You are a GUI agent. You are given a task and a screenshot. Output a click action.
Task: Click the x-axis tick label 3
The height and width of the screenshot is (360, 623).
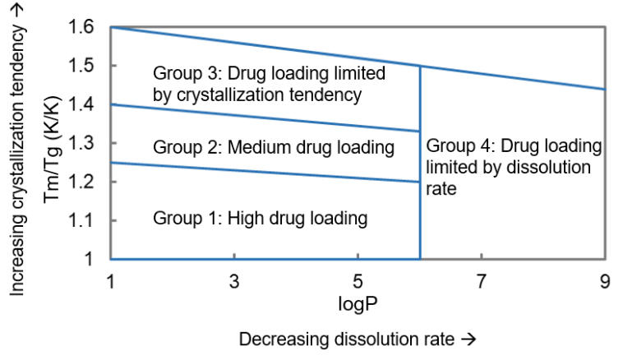point(234,282)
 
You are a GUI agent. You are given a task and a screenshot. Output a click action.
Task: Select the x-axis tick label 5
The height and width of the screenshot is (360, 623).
point(358,282)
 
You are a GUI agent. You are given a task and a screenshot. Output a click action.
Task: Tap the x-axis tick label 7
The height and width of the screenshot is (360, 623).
point(482,282)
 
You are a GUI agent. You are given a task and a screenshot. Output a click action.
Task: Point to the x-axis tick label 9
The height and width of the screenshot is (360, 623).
point(605,282)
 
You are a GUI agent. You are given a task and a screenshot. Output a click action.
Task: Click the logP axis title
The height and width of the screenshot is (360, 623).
point(357,303)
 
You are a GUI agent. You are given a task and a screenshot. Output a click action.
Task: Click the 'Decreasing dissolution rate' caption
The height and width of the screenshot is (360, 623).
point(358,339)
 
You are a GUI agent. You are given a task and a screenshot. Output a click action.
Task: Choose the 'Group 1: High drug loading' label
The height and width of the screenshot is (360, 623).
point(260,219)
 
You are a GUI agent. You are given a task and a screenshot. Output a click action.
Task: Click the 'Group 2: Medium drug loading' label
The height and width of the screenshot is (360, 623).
point(274,148)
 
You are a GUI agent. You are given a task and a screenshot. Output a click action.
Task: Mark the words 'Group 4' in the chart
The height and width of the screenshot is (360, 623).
point(454,146)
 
